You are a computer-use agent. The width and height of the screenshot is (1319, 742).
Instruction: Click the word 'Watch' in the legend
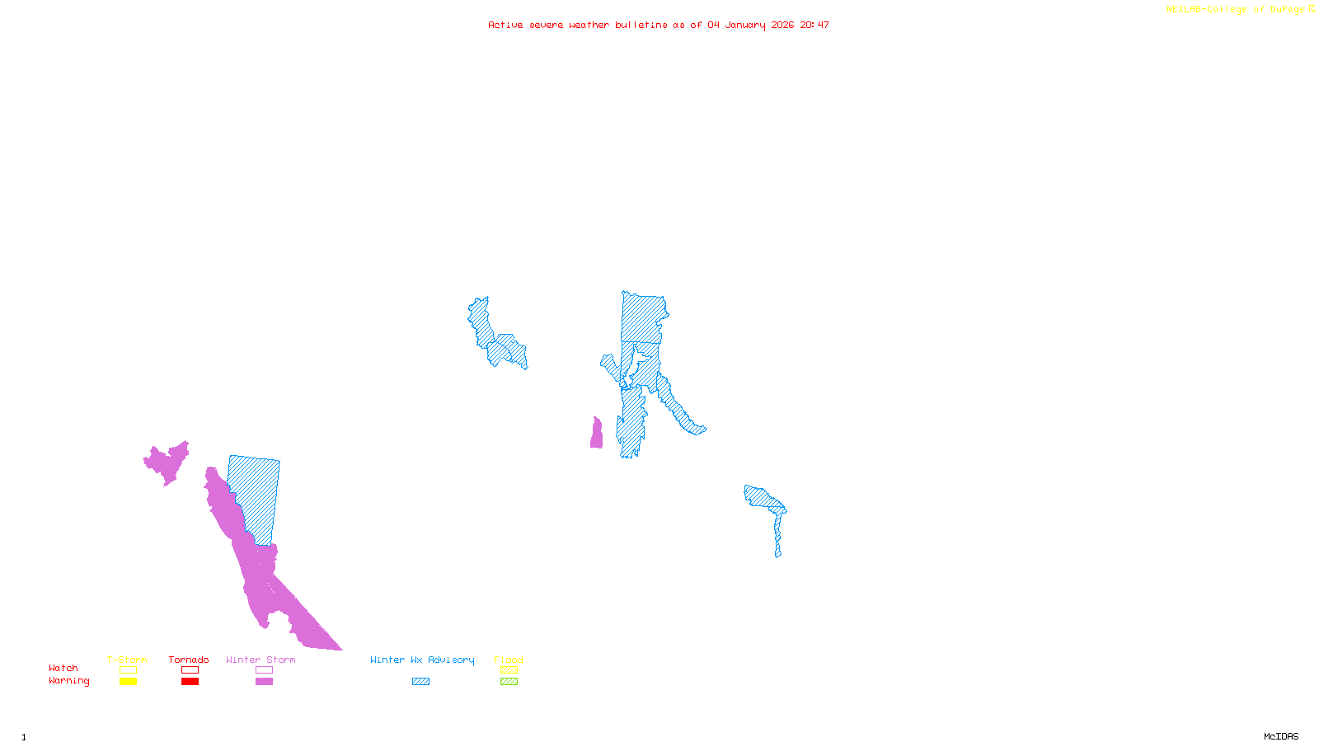coord(63,669)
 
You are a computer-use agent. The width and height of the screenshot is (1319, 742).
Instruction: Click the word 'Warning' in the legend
coord(69,681)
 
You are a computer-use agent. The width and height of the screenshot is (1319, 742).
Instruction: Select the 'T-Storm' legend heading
coord(127,660)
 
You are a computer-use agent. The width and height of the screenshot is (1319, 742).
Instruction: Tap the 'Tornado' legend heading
coord(189,660)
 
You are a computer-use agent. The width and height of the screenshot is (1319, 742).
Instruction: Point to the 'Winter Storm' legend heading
coord(261,660)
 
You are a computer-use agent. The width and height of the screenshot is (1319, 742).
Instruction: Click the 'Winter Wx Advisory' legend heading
coord(422,660)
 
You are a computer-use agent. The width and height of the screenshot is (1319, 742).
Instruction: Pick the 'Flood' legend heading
coord(509,660)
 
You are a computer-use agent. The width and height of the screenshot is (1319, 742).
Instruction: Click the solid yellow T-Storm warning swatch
coord(128,682)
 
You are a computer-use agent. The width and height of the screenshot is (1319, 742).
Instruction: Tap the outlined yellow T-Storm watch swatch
coord(128,670)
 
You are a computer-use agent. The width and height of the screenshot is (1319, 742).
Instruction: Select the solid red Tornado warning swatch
coord(190,682)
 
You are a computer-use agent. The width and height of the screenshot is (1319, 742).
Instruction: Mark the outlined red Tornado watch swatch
coord(190,670)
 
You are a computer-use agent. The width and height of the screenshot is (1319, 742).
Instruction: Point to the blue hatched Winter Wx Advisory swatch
coord(421,682)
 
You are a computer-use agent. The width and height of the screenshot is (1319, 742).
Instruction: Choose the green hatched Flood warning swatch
coord(509,682)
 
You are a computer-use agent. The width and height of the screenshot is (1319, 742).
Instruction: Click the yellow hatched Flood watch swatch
coord(509,670)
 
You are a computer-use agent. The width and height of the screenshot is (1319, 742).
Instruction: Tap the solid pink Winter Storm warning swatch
coord(264,682)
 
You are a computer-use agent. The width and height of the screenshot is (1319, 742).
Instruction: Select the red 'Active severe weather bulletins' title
coord(658,26)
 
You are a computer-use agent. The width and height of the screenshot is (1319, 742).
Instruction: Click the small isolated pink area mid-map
coord(596,434)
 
